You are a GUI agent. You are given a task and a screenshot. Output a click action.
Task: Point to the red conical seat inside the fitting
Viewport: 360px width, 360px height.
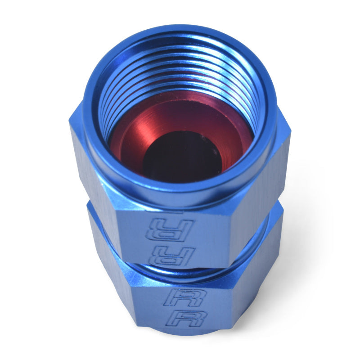click(x=135, y=135)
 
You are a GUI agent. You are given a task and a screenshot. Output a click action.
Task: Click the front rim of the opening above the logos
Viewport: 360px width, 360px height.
click(x=180, y=193)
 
